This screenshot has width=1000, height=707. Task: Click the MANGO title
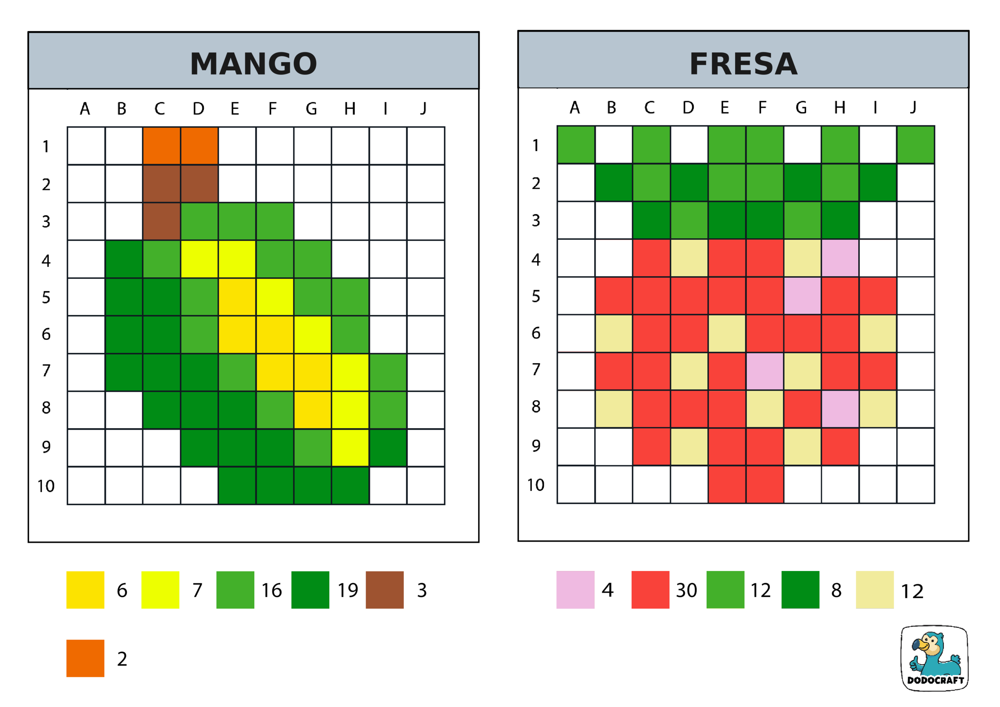(x=254, y=64)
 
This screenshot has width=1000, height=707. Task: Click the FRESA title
(x=743, y=64)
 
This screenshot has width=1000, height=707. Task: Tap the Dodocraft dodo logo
(x=934, y=658)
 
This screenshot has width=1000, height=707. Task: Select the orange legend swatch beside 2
(x=86, y=658)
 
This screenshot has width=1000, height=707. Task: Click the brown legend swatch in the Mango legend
(x=385, y=590)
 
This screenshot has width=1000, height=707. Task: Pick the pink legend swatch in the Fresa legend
(x=575, y=590)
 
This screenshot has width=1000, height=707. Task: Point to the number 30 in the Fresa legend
(x=686, y=590)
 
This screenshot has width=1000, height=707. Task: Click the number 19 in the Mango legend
(x=348, y=590)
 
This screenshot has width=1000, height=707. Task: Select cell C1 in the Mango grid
(x=162, y=146)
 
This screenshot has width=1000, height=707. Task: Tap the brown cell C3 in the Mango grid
(x=162, y=221)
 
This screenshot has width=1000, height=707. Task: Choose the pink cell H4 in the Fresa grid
(x=840, y=258)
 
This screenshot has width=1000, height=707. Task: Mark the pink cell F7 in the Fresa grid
(x=765, y=371)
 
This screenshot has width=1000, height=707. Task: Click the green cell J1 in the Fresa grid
(x=916, y=145)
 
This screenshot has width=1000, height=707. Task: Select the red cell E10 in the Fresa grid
(x=727, y=484)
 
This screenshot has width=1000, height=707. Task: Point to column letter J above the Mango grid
(x=423, y=108)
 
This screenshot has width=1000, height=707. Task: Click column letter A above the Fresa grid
(x=575, y=107)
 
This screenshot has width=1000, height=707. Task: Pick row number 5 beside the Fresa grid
(x=536, y=296)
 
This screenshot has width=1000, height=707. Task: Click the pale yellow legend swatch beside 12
(x=875, y=590)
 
